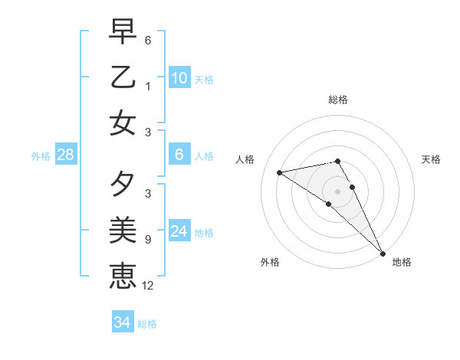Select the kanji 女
coord(123,123)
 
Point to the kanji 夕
coord(123,185)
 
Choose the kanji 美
coord(123,230)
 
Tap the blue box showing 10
coord(179,77)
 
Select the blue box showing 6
coord(179,155)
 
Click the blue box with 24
coord(179,231)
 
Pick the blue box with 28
coord(66,155)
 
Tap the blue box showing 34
coord(122,322)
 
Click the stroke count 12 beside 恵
coord(148,286)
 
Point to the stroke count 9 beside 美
coord(148,239)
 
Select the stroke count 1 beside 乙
coord(148,86)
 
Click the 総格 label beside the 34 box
coord(147,324)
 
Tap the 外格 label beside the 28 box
coord(41,156)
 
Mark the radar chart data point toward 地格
coord(382,253)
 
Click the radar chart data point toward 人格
coord(280,172)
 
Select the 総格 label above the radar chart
coord(338,100)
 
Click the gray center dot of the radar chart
coord(338,191)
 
